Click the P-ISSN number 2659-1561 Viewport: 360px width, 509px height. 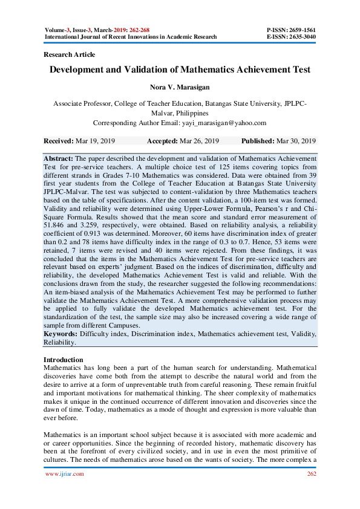coord(300,30)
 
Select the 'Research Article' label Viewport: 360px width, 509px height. coord(70,54)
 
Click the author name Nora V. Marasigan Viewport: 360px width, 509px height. coord(180,88)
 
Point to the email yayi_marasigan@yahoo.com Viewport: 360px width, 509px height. coord(223,122)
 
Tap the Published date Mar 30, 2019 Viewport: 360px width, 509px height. coord(296,141)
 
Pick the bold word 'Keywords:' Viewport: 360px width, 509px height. coord(60,334)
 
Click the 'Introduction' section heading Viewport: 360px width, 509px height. coord(64,360)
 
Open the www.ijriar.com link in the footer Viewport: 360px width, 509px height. coord(65,474)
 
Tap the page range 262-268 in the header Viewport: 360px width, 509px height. coord(154,30)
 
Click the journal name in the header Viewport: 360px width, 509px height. coord(131,37)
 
